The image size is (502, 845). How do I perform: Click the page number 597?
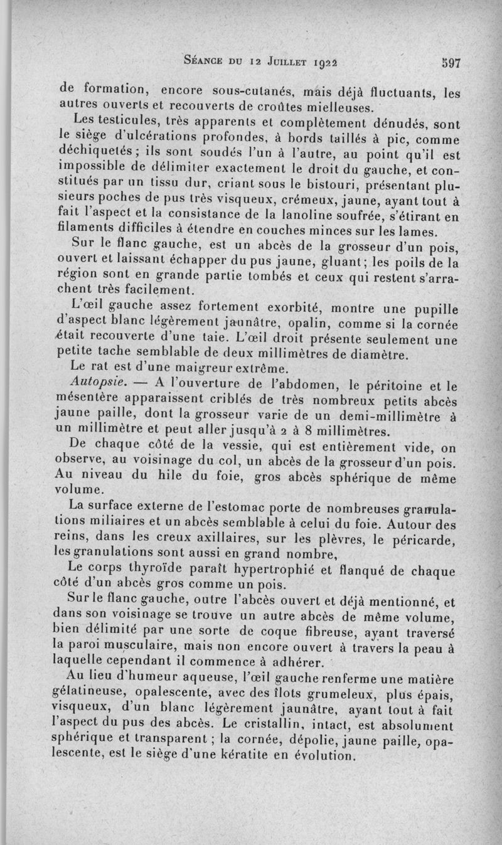click(x=451, y=63)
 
